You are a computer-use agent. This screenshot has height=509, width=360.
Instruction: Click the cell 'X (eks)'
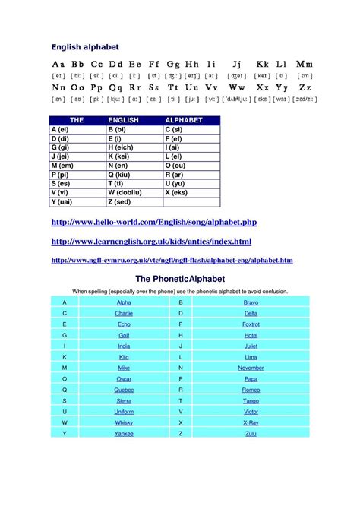[x=178, y=193]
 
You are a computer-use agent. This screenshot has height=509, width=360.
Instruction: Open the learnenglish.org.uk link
[x=150, y=241]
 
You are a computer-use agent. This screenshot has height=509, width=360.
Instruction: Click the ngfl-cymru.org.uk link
[x=172, y=260]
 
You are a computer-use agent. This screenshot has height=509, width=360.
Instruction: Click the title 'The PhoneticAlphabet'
[x=180, y=280]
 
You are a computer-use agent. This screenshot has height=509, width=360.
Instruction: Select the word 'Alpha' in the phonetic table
[x=124, y=302]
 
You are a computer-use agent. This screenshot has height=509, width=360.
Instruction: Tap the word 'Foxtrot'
[x=251, y=324]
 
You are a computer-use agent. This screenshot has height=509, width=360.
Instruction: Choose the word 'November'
[x=251, y=368]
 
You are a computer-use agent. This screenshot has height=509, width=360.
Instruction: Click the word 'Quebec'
[x=124, y=389]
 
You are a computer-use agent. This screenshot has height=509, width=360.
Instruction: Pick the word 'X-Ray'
[x=251, y=422]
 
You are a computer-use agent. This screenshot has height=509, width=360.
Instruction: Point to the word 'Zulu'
[x=251, y=433]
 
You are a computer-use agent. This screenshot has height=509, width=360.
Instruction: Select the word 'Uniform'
[x=124, y=411]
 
